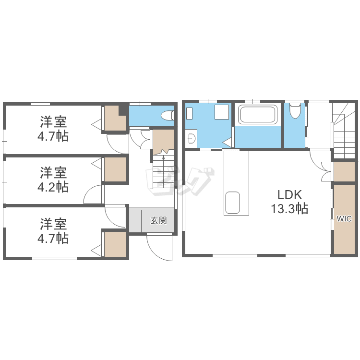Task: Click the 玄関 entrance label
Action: (x=159, y=221)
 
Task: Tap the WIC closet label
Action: (x=344, y=218)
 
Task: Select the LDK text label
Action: (x=289, y=195)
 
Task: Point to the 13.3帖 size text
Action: (x=289, y=208)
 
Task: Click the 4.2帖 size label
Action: (x=53, y=187)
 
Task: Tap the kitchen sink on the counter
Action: (x=233, y=203)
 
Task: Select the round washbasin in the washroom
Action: (x=192, y=138)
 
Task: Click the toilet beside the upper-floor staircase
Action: (x=295, y=111)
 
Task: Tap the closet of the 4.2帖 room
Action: (x=115, y=169)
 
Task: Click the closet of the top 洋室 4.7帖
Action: (x=114, y=119)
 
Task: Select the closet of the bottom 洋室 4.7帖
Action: (x=115, y=244)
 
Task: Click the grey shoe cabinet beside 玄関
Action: (x=135, y=221)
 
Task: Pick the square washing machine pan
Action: (x=222, y=112)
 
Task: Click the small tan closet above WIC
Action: (x=344, y=171)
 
